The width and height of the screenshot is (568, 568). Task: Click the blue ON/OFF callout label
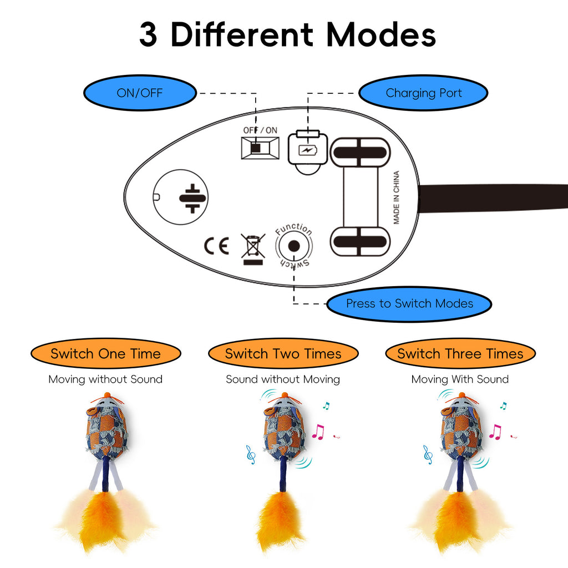(139, 93)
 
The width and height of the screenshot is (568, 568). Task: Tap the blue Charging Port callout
(423, 93)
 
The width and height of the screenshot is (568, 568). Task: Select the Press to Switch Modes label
(409, 303)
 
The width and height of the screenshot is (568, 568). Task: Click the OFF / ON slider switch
(260, 148)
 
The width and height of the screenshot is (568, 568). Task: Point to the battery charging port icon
(306, 150)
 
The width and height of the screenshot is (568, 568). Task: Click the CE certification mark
(216, 246)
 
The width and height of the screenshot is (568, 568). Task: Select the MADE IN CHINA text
(397, 197)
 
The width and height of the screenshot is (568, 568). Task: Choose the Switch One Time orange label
(105, 354)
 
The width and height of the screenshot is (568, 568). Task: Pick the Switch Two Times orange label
(283, 354)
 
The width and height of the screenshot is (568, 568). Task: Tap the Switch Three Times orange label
(460, 354)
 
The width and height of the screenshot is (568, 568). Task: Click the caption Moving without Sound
(105, 379)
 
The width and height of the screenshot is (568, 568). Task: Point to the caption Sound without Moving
(283, 379)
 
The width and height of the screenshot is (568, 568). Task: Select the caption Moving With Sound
(460, 379)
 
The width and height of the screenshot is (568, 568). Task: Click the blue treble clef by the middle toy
(251, 454)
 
